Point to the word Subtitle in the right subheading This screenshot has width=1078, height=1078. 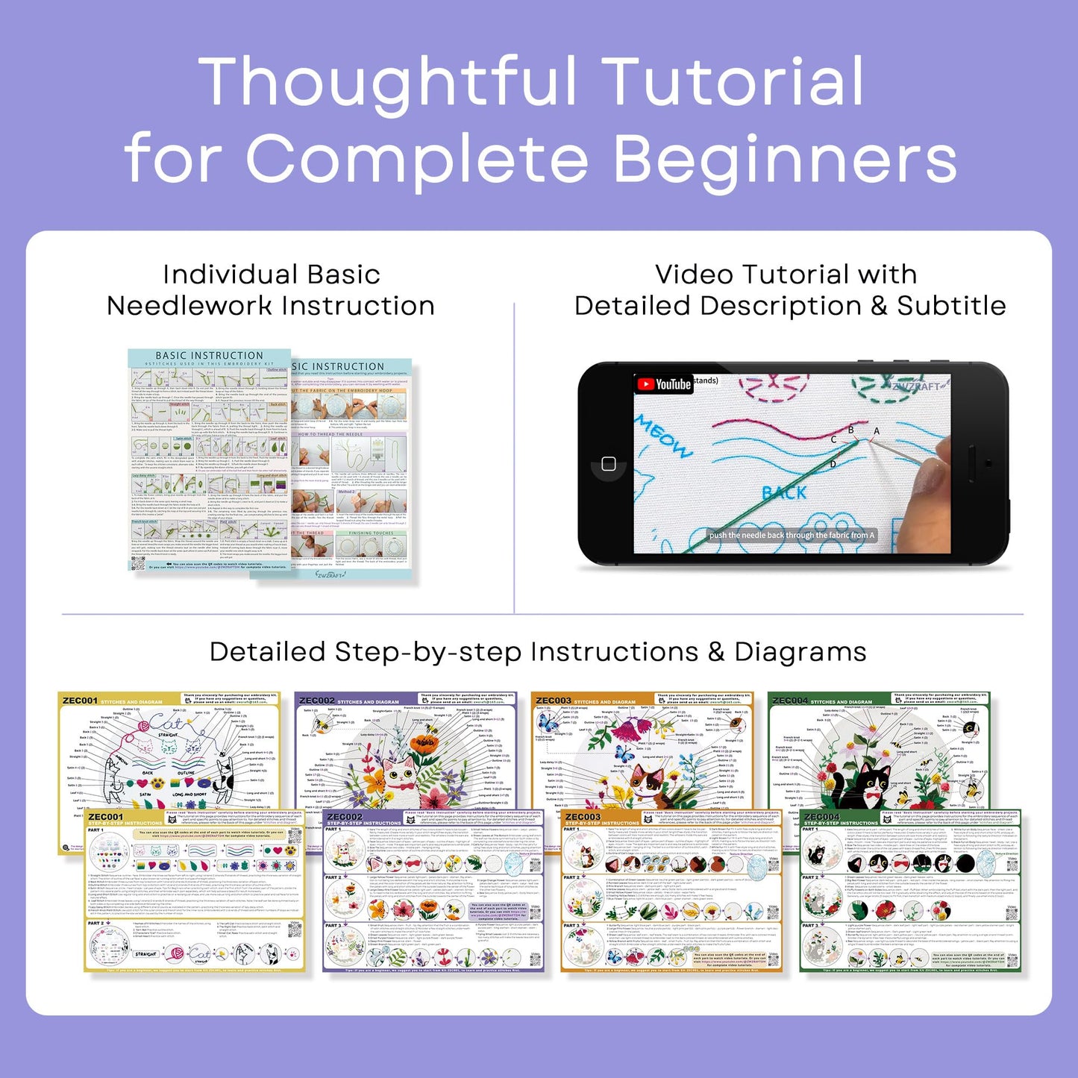951,306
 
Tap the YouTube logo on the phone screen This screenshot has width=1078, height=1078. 663,384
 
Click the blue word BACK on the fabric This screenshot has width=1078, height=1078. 784,493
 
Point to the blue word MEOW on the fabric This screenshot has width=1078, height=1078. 662,436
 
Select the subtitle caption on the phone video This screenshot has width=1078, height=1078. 791,535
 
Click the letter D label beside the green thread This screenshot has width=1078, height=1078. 833,464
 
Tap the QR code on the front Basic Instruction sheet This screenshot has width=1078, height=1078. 138,563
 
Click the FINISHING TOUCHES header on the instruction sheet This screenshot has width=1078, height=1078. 371,533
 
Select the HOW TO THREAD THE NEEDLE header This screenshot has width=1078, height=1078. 330,434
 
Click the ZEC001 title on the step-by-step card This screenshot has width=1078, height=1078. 105,818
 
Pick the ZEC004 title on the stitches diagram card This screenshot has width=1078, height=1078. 789,701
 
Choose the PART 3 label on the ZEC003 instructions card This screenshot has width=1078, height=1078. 571,926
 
